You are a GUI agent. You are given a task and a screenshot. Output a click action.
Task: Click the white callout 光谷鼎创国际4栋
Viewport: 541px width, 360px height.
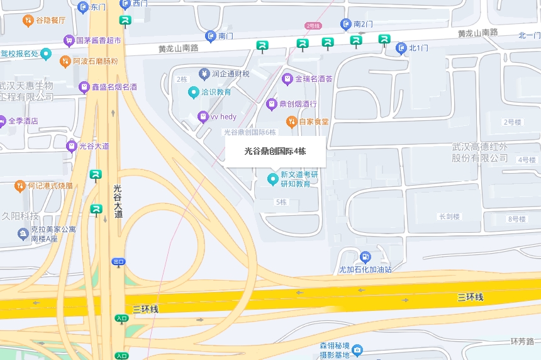pyautogui.click(x=275, y=152)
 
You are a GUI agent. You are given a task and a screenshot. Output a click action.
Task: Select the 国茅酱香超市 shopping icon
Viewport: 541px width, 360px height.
pyautogui.click(x=69, y=41)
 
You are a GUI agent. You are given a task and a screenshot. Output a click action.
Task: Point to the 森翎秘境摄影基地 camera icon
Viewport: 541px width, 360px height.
pyautogui.click(x=357, y=350)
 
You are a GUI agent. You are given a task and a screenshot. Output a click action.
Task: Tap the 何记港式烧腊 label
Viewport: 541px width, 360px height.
pyautogui.click(x=50, y=186)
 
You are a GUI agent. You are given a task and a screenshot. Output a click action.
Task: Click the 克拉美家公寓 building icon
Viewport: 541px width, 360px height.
pyautogui.click(x=23, y=234)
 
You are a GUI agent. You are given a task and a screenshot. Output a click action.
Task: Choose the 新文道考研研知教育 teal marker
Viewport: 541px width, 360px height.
pyautogui.click(x=272, y=179)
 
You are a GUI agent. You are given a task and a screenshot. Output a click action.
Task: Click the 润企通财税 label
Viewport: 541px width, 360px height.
pyautogui.click(x=230, y=74)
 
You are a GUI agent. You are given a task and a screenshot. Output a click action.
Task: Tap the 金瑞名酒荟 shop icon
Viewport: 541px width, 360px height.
pyautogui.click(x=287, y=79)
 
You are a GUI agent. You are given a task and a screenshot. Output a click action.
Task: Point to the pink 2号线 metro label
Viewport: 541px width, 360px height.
pyautogui.click(x=313, y=26)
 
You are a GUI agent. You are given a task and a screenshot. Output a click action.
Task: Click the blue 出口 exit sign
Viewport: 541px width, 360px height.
pyautogui.click(x=118, y=261)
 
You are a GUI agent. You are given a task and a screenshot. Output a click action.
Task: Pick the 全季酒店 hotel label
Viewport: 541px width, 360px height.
pyautogui.click(x=22, y=120)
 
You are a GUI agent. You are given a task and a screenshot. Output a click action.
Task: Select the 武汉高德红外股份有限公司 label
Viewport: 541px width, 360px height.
pyautogui.click(x=479, y=152)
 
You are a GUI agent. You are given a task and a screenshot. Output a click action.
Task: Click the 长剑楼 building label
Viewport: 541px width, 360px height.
pyautogui.click(x=449, y=217)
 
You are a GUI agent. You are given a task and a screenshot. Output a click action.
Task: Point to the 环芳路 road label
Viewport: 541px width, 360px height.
pyautogui.click(x=521, y=341)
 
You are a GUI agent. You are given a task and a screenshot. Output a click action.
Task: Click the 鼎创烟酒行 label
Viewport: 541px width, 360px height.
pyautogui.click(x=298, y=104)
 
